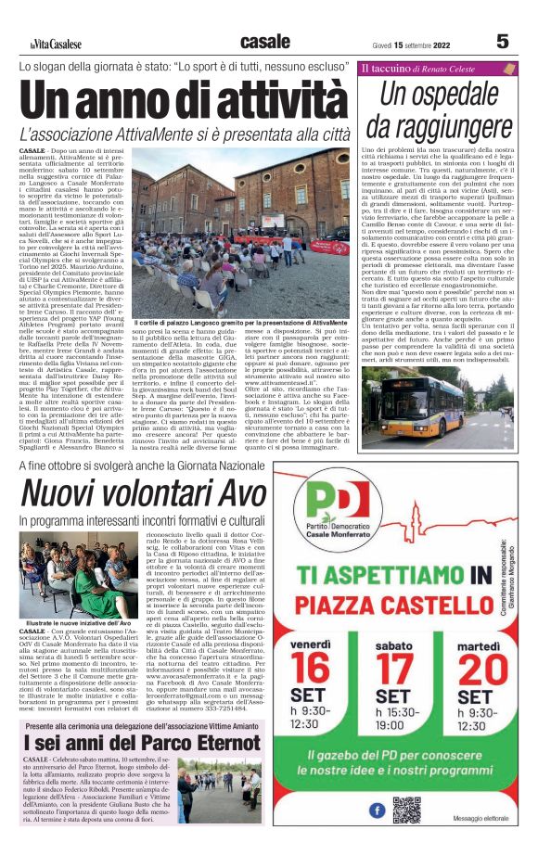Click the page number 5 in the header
tap(502, 41)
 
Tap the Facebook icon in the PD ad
tap(378, 810)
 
